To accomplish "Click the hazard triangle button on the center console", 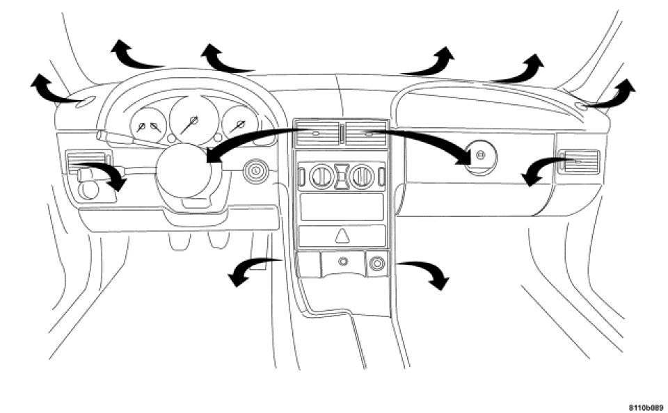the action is pos(342,235).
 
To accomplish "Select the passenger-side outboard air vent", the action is pos(578,162).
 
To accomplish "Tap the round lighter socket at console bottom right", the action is pos(376,264).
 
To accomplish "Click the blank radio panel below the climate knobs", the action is pos(341,206).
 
